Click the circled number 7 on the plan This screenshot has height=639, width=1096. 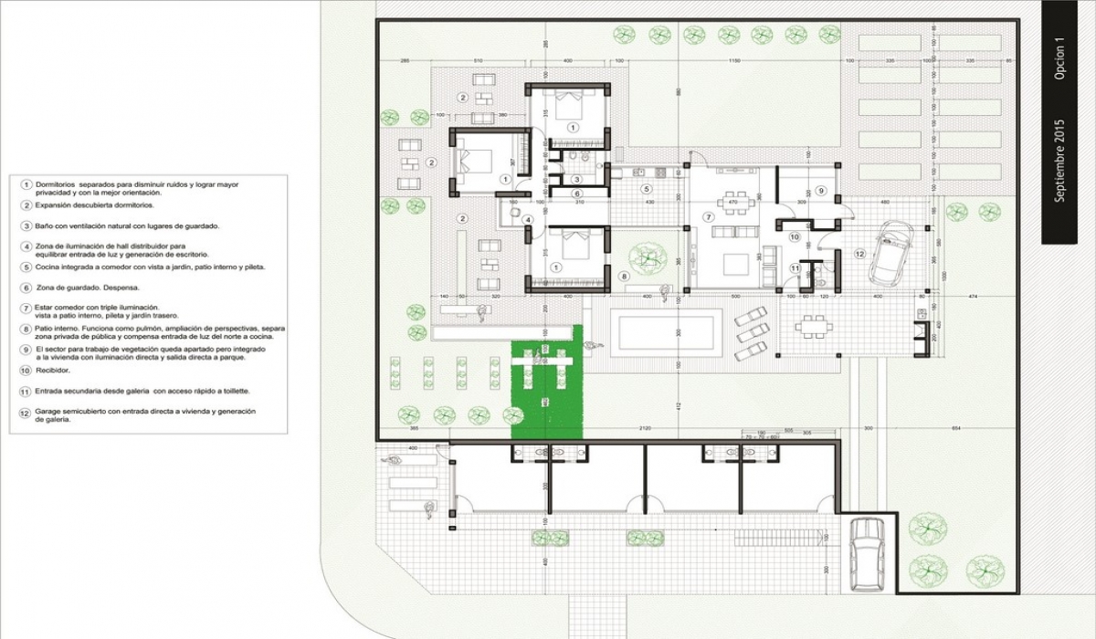pos(708,216)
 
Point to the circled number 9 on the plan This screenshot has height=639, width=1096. pos(820,191)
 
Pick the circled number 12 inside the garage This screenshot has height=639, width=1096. pos(859,253)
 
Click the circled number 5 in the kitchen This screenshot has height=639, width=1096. pos(646,190)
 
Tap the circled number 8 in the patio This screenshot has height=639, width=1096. pos(624,275)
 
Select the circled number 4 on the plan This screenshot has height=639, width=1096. pos(527,219)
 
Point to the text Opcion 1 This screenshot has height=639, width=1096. pos(1059,59)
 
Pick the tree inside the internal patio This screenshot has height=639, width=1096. pos(650,257)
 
